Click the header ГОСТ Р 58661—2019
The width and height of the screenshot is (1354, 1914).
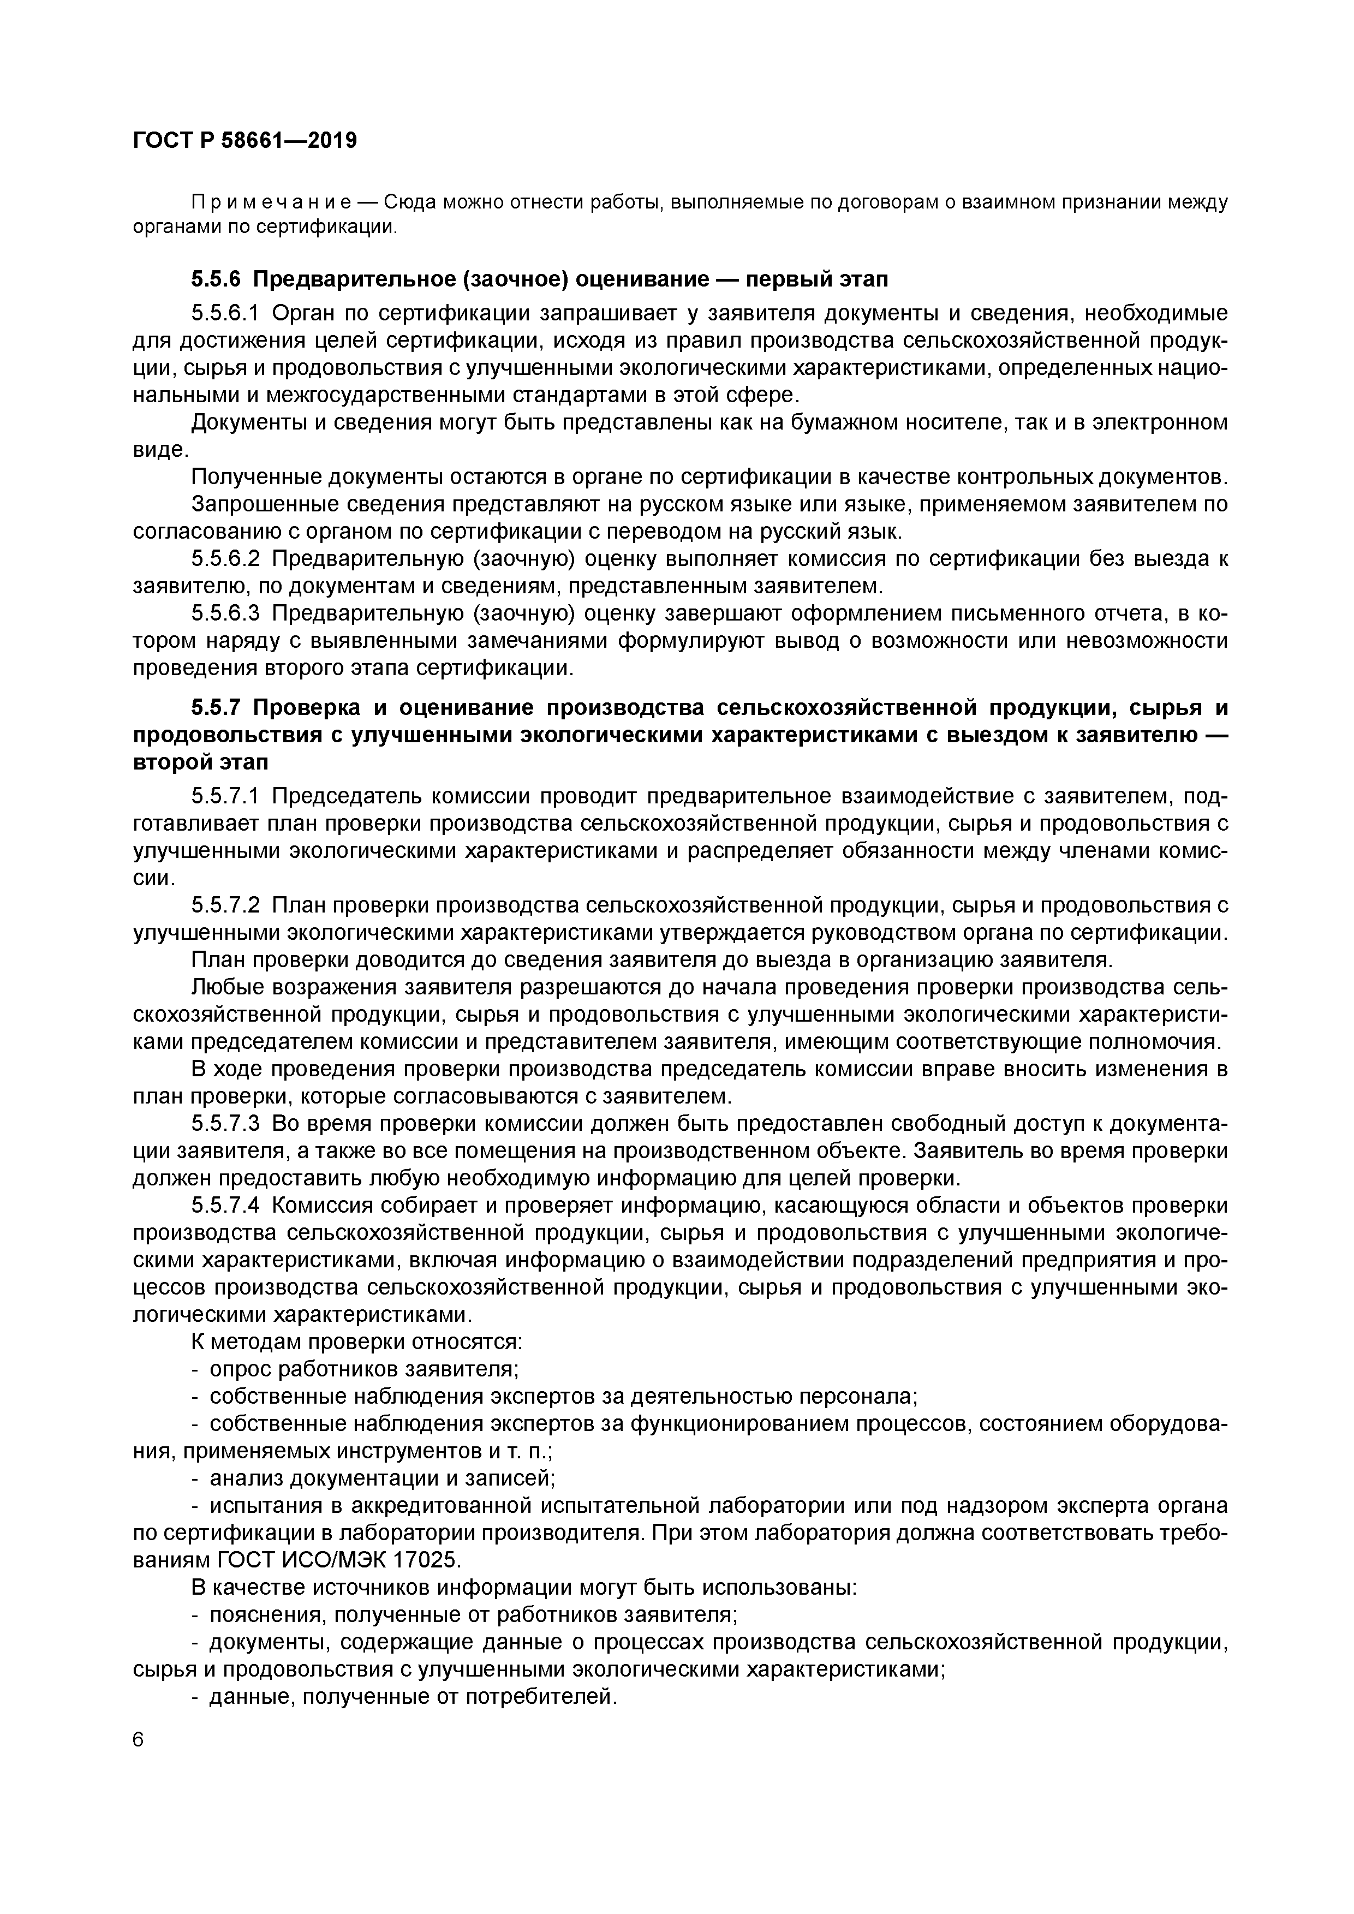pyautogui.click(x=245, y=141)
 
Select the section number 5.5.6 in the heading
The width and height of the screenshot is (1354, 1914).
pyautogui.click(x=216, y=278)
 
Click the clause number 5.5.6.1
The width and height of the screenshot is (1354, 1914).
pyautogui.click(x=226, y=313)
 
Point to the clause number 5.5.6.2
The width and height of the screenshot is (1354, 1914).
pyautogui.click(x=226, y=558)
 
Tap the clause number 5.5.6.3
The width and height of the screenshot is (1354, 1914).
pyautogui.click(x=226, y=613)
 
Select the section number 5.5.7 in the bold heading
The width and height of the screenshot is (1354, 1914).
pyautogui.click(x=216, y=708)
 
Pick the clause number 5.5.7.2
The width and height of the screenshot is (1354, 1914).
pyautogui.click(x=226, y=905)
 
